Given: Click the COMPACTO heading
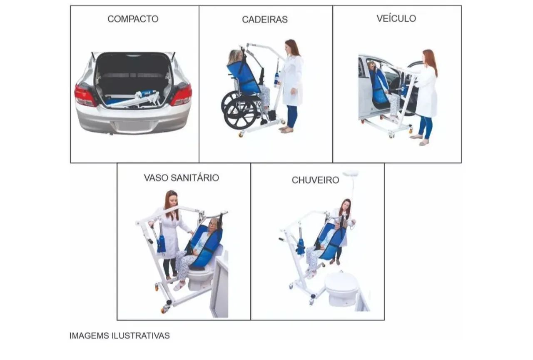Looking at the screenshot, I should point(133,19).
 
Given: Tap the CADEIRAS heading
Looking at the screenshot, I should point(265,20).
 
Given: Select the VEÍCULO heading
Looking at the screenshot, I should point(396,18).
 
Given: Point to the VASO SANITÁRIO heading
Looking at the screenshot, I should point(181,177).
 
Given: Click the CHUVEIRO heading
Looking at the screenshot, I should point(315,180).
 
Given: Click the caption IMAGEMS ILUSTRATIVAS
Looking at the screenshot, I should point(120,335).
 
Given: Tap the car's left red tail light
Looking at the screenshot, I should point(85,95).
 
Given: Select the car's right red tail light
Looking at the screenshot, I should point(182,95).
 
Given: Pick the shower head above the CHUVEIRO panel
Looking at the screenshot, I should point(351,173).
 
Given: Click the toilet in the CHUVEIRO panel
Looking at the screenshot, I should point(341,288).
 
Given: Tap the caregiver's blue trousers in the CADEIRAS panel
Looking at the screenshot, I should point(292,116).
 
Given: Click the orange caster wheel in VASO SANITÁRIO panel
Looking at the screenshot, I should point(164,310).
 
